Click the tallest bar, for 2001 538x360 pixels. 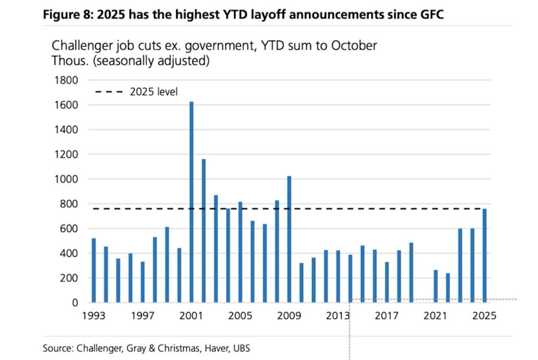pyautogui.click(x=191, y=202)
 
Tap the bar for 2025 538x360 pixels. pyautogui.click(x=485, y=256)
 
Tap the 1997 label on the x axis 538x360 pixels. pyautogui.click(x=142, y=316)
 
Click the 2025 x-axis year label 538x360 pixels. pyautogui.click(x=485, y=316)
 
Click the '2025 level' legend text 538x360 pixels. pyautogui.click(x=154, y=92)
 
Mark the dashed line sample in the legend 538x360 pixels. pyautogui.click(x=109, y=92)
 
